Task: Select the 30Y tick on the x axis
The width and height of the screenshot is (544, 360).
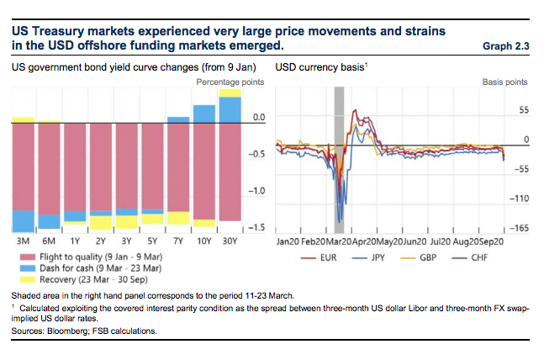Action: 230,241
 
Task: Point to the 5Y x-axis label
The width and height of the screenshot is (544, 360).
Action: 152,241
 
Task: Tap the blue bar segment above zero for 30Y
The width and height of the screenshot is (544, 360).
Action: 230,109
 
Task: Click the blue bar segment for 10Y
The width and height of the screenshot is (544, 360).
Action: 203,114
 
